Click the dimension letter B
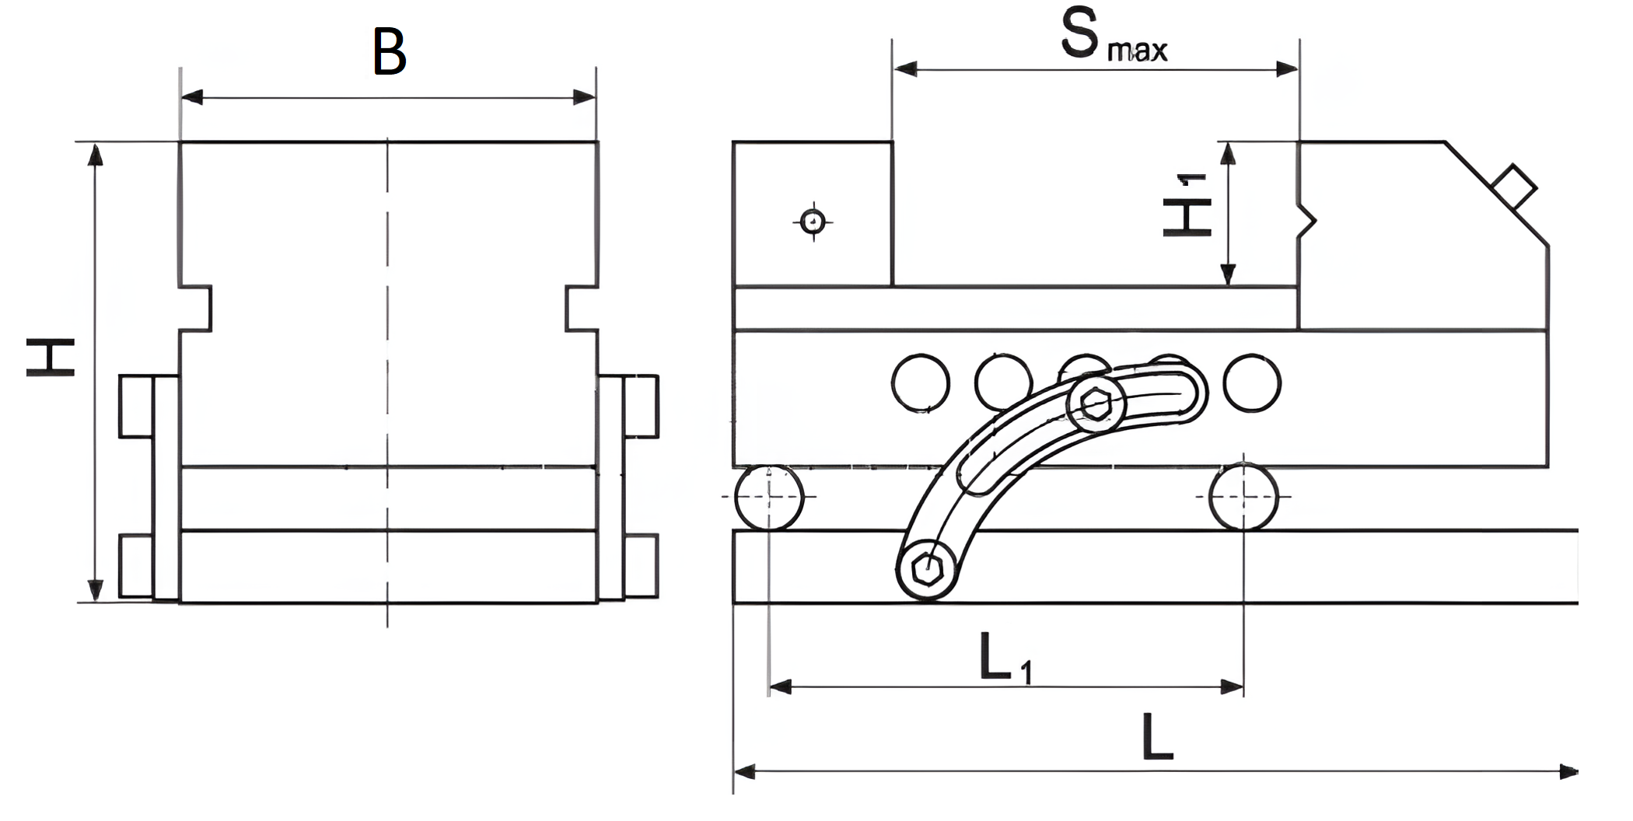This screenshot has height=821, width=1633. (390, 51)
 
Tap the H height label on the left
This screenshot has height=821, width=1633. (51, 358)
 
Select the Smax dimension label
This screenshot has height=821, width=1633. (1114, 35)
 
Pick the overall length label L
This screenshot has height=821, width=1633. (1157, 737)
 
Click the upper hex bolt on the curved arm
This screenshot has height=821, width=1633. (1096, 403)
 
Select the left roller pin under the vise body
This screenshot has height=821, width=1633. (769, 497)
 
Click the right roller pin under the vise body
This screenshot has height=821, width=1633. (1243, 497)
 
